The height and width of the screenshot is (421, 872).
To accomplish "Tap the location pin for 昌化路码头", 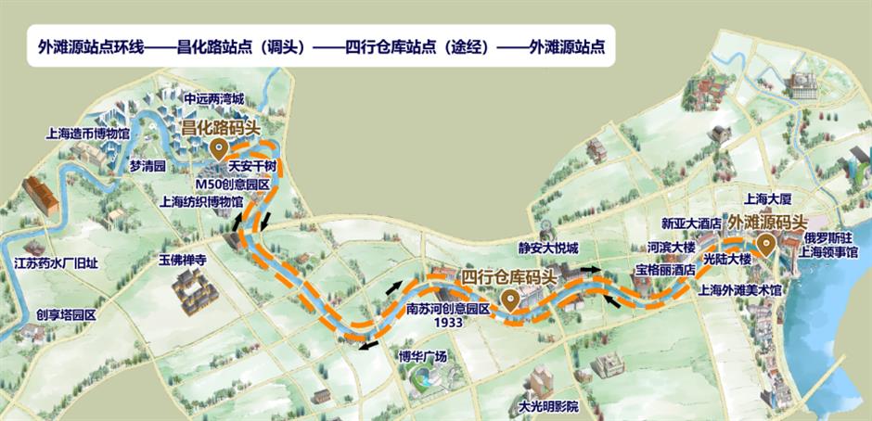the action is [218, 148].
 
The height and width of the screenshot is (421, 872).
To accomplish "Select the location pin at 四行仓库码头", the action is [509, 299].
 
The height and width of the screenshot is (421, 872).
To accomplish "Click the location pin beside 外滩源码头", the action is [766, 245].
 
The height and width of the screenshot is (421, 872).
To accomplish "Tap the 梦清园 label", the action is [147, 167].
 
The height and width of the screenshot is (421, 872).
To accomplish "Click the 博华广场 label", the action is [423, 356].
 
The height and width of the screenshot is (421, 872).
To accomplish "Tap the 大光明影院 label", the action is [547, 406].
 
